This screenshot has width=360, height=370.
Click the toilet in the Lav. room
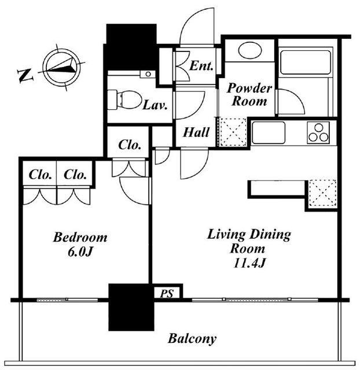click(x=124, y=99)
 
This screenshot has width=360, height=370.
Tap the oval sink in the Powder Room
click(x=250, y=50)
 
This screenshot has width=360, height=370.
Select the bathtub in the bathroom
click(x=305, y=62)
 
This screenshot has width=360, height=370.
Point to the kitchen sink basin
click(x=269, y=132)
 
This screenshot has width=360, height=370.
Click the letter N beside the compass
click(x=25, y=76)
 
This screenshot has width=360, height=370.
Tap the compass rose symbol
click(x=62, y=67)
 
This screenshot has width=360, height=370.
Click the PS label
click(x=167, y=294)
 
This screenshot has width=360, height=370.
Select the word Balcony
click(x=192, y=339)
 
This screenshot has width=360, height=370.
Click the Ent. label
click(x=201, y=66)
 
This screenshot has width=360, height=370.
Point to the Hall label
click(x=196, y=132)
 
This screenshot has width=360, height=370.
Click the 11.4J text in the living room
click(x=249, y=263)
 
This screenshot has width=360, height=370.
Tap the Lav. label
click(x=155, y=105)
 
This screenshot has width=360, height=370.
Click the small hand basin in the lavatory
click(x=148, y=74)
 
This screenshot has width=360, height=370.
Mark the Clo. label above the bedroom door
click(x=130, y=145)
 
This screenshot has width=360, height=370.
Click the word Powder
click(x=249, y=88)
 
